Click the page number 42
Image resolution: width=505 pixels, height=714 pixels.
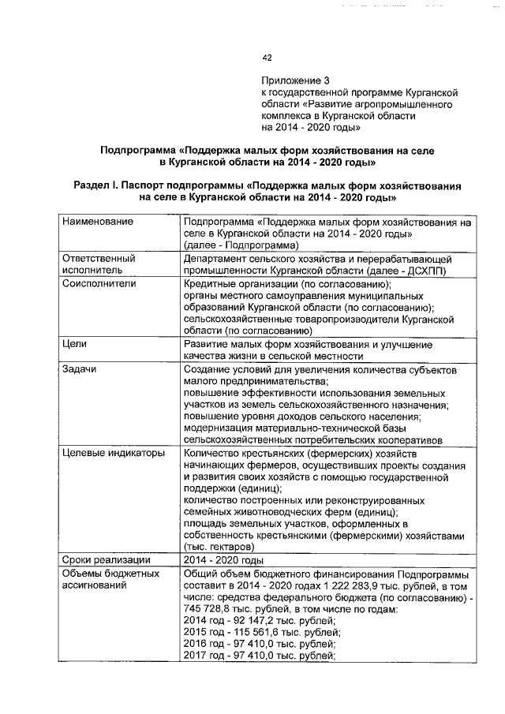tap(267, 58)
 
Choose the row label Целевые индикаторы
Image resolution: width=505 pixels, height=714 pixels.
tap(113, 454)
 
